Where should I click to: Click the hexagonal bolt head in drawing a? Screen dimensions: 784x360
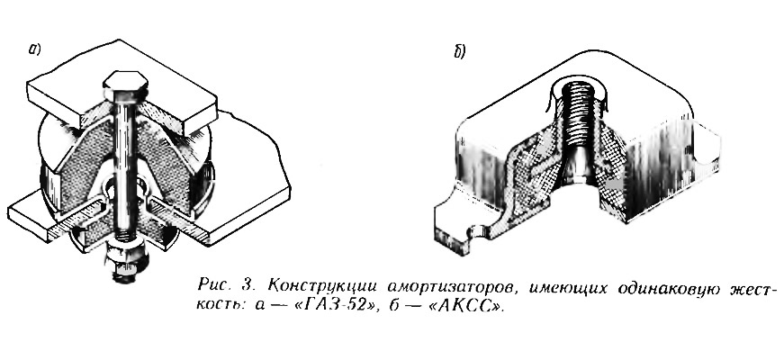[125, 85]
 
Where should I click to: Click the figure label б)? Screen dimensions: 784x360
[459, 51]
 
